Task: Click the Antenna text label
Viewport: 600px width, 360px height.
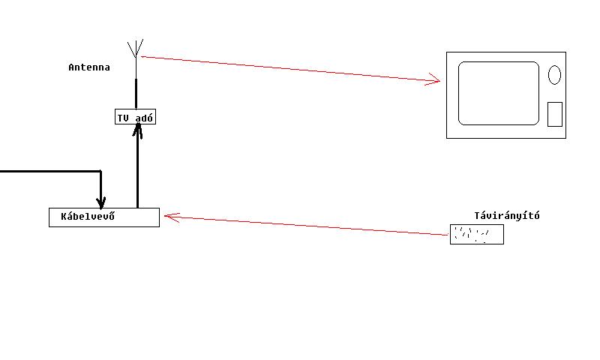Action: coord(89,67)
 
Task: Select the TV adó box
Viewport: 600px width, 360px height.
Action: coord(136,117)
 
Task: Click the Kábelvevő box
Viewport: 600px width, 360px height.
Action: coord(104,217)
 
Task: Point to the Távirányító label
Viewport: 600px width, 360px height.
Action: coord(506,216)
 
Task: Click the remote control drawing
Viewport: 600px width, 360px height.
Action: coord(476,235)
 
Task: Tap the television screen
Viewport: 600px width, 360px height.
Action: coord(499,93)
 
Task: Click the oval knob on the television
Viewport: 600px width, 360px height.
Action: coord(554,75)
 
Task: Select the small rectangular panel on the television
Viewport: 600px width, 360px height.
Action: coord(554,114)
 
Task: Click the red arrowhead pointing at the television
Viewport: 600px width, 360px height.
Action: coord(433,79)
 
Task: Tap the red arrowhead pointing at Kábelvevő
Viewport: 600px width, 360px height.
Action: coord(169,217)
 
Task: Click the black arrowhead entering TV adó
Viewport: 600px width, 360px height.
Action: coord(137,131)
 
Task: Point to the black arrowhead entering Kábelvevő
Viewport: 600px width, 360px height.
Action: coord(101,202)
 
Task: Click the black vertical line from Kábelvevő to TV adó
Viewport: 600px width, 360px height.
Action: coord(137,172)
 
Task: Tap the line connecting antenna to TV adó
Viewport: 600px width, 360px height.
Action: coord(136,94)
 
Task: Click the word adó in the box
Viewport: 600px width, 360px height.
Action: coord(144,118)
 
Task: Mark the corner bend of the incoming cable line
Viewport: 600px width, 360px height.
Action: coord(101,172)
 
